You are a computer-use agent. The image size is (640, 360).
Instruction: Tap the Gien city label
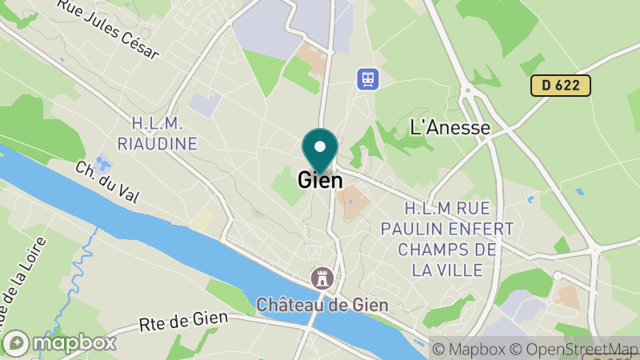(320, 181)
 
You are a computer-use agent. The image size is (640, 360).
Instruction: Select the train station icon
(367, 78)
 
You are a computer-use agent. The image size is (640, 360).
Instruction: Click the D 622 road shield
(560, 85)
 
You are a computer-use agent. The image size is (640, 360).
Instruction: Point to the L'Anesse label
(450, 126)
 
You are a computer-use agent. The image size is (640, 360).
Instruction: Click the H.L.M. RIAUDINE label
(157, 134)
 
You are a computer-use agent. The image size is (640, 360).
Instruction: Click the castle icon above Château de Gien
(322, 278)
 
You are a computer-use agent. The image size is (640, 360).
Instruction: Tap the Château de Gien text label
(322, 305)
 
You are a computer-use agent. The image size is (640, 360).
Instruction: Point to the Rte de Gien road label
(184, 322)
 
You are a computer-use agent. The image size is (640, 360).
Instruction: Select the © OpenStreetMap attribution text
(574, 349)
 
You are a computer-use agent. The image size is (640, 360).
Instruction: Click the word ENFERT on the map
(488, 228)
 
